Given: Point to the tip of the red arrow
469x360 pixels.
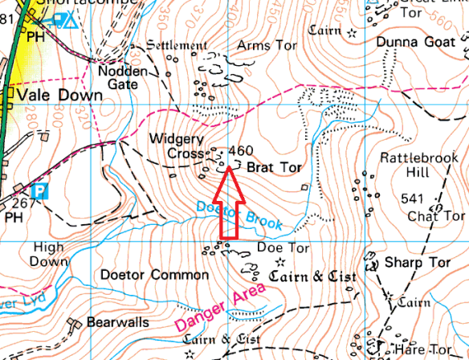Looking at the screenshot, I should tap(229, 168).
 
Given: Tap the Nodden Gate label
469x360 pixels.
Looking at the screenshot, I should tap(123, 77).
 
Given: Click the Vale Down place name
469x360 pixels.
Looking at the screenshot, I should tap(63, 96).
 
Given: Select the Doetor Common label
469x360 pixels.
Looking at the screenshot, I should tap(155, 275).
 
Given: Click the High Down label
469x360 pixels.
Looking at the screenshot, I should tap(48, 254).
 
